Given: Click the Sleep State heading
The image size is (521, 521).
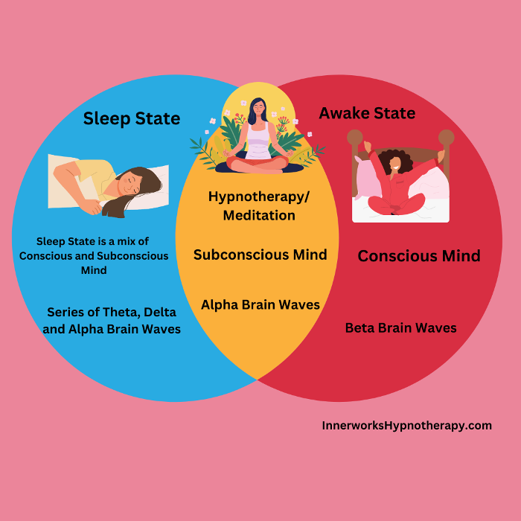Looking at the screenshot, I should coord(131,118).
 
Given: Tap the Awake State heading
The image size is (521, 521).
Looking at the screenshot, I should coord(367,113).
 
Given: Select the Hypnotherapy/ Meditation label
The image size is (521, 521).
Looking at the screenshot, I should coord(252,205).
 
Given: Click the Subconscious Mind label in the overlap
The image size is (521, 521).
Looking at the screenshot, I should coord(260,255).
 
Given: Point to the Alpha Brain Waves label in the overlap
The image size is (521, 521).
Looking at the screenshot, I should coord(260,304).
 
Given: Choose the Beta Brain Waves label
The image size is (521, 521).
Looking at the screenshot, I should coord(400,327).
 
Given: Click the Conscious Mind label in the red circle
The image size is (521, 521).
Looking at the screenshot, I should coord(418,256).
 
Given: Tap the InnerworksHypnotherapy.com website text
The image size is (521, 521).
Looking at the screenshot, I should coord(406,426).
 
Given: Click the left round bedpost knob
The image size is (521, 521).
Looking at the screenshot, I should coord(355,138).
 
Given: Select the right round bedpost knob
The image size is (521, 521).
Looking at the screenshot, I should coord(446,138).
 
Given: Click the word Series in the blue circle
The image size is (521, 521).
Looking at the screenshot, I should coord(65,312).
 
